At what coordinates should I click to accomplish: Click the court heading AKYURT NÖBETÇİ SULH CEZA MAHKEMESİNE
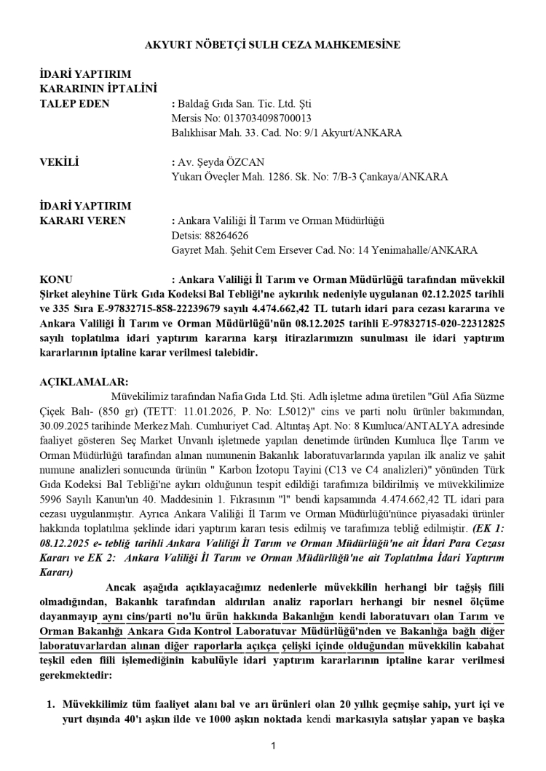(273, 45)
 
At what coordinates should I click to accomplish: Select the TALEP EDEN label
(74, 104)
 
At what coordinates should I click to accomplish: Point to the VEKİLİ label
(59, 162)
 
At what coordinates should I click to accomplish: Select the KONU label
(56, 279)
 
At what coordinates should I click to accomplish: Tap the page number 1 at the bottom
(272, 746)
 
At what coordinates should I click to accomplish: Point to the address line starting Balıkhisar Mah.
(287, 133)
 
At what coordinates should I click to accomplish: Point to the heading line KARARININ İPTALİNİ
(98, 89)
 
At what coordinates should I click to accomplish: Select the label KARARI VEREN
(82, 220)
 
